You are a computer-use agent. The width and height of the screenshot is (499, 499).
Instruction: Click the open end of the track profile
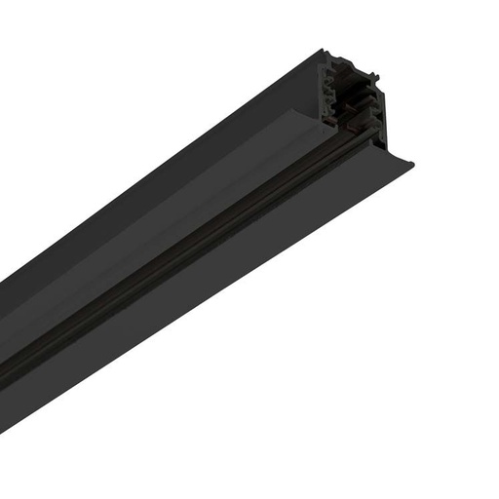pos(353,97)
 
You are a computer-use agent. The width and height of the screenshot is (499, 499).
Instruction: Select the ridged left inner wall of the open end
pos(332,97)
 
